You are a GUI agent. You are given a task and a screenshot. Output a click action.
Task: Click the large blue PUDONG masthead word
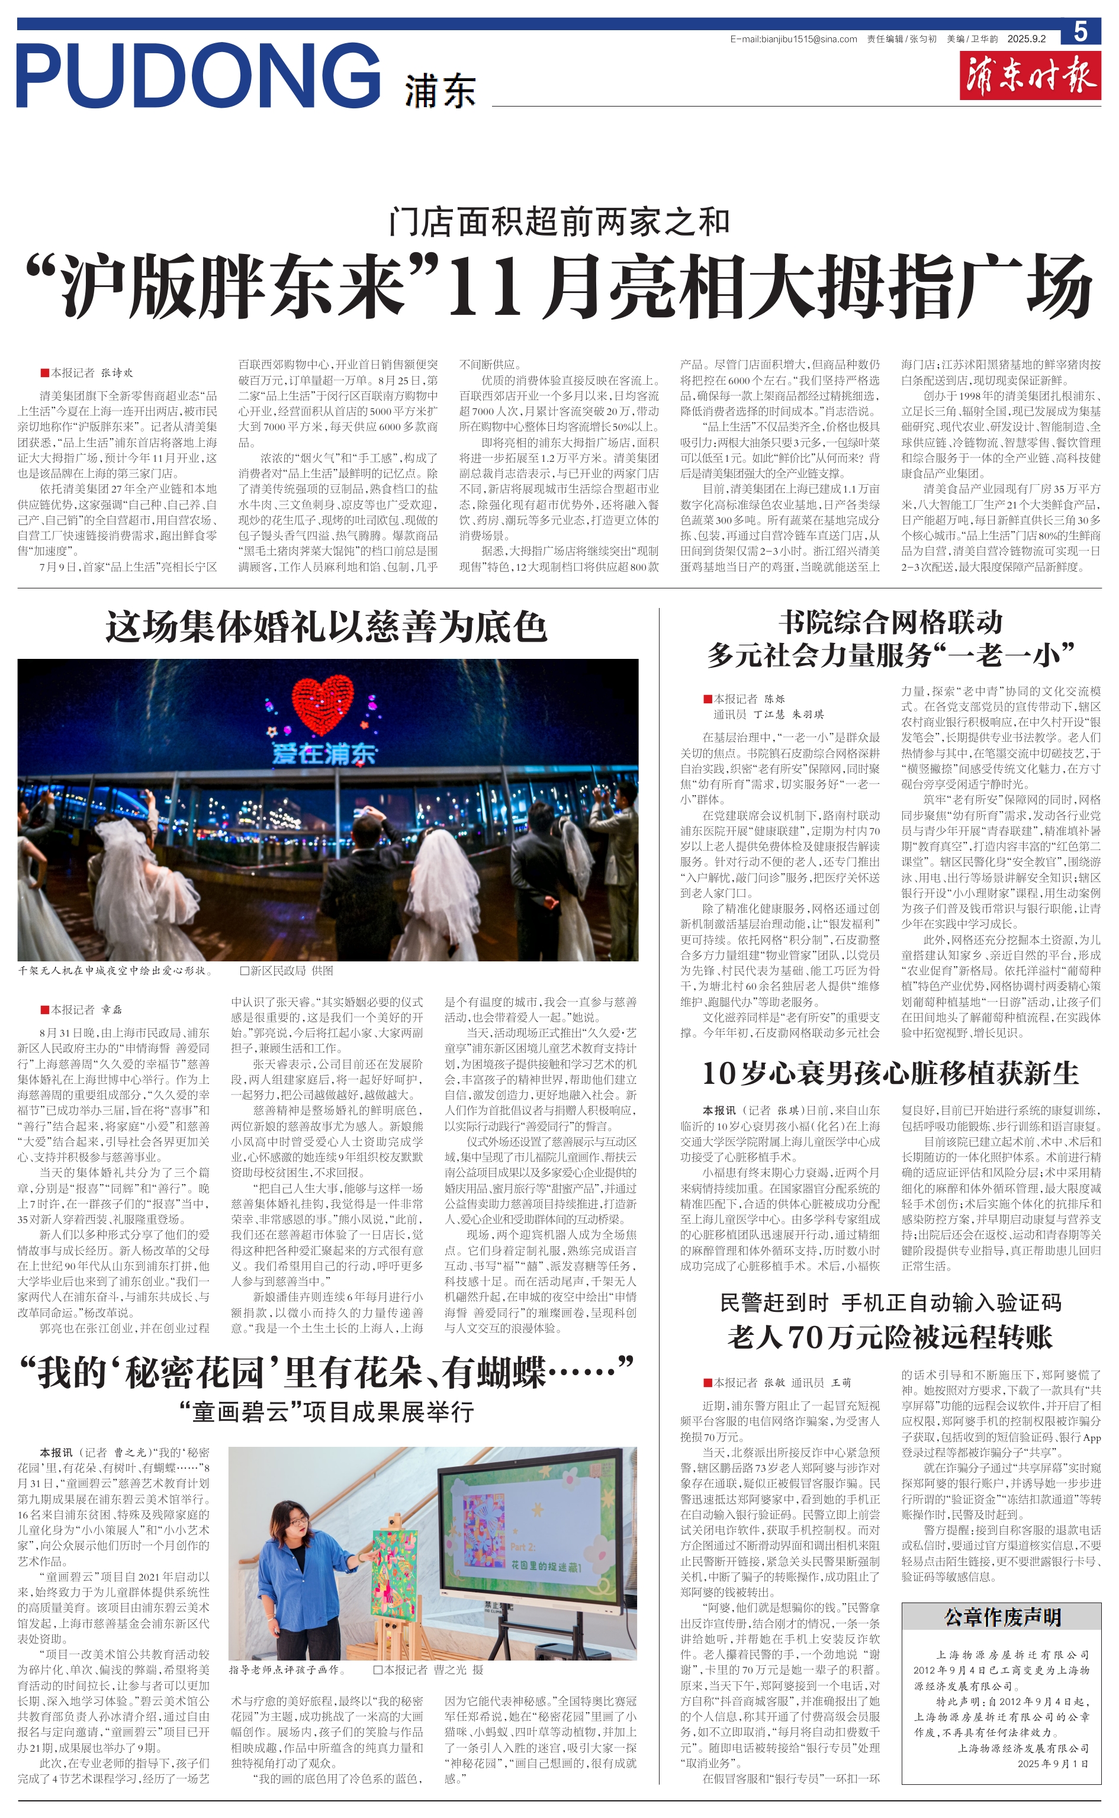(198, 75)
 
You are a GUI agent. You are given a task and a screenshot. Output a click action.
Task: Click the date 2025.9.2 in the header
(1027, 39)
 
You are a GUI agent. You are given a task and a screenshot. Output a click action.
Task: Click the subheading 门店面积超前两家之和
(559, 222)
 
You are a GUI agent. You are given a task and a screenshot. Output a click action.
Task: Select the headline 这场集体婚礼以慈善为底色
(326, 627)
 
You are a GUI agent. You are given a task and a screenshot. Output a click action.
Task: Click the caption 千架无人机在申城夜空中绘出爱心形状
(115, 970)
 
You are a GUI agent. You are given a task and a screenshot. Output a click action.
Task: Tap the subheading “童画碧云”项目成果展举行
(326, 1412)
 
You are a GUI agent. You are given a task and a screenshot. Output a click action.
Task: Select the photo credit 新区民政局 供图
(287, 970)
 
